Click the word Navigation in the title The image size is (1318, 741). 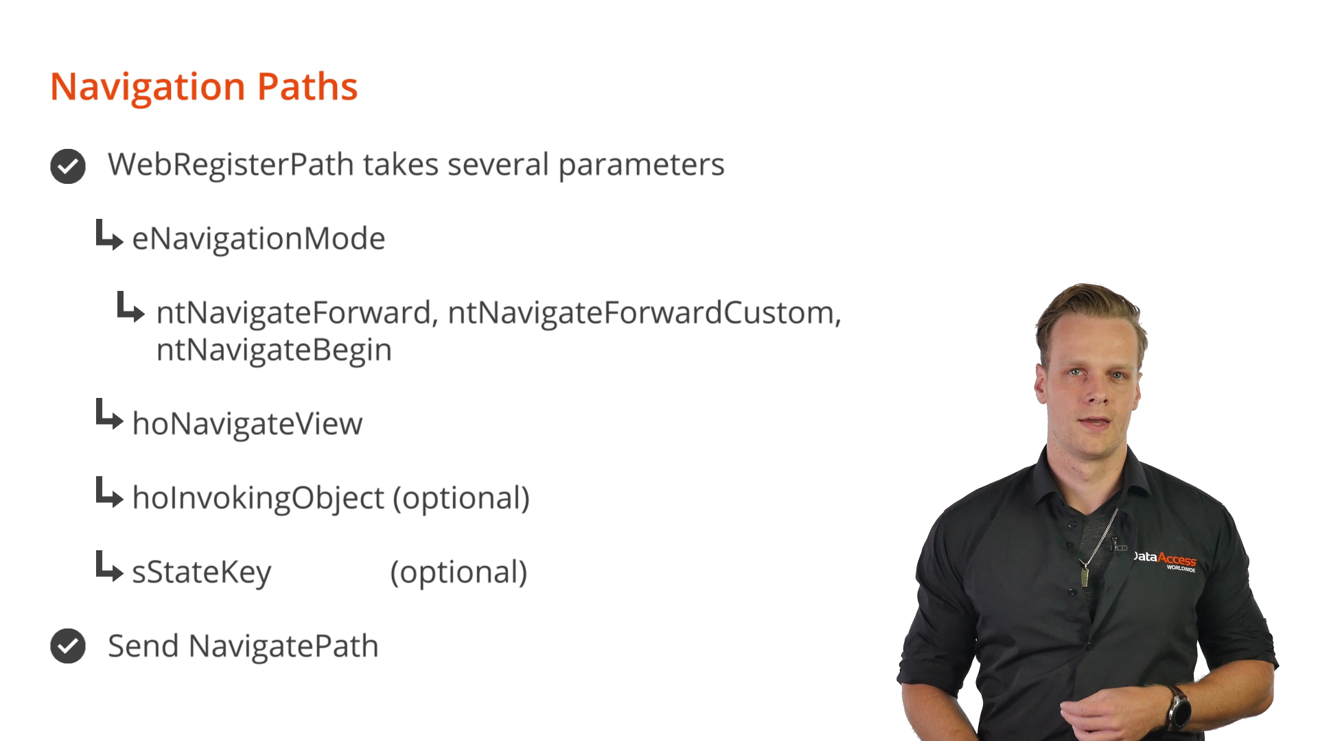tap(148, 87)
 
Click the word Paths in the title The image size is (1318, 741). tap(308, 87)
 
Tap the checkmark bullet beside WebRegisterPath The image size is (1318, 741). tap(68, 166)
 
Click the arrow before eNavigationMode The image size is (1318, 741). tap(109, 235)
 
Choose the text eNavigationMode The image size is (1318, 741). tap(259, 239)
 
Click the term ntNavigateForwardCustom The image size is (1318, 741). tap(645, 314)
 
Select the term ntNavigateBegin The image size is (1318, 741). tap(274, 351)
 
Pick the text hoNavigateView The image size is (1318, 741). tap(247, 424)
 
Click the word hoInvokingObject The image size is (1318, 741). tap(258, 499)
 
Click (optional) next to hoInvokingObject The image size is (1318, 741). tap(461, 499)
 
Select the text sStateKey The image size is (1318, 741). tap(202, 573)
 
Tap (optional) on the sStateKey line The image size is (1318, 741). tap(459, 573)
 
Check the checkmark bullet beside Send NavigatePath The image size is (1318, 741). tap(68, 646)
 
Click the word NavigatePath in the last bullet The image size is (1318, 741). tap(284, 646)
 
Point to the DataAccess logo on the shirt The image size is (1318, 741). tap(1164, 560)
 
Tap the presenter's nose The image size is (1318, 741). tap(1096, 390)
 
